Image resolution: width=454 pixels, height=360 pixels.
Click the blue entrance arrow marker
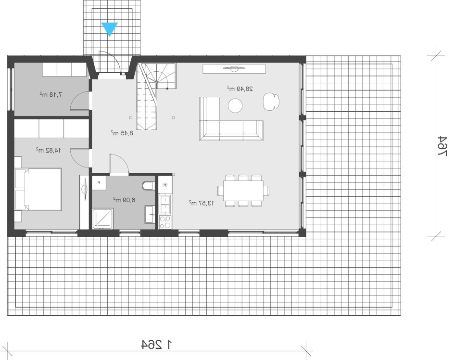coord(110,29)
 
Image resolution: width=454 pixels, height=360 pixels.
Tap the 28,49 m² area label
coord(240,89)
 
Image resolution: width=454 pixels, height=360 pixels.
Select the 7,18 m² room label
coord(51,94)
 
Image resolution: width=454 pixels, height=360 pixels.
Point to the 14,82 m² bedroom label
coord(49,150)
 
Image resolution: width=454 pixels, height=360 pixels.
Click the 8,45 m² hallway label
coord(122,133)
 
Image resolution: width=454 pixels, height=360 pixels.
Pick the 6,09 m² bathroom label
coord(124,200)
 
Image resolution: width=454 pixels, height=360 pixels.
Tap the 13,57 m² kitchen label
coord(202,203)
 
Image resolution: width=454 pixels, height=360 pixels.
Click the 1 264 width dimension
coord(157,344)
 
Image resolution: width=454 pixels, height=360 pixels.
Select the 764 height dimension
coord(442,146)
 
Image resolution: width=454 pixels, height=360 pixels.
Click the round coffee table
coord(235,105)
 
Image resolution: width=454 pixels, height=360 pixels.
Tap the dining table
coord(243,191)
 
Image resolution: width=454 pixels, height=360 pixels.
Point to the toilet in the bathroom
coord(149,186)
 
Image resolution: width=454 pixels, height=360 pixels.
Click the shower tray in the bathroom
coord(103,219)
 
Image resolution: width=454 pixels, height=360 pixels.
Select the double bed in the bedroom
coord(38,189)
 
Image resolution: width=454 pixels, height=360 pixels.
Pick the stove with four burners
coord(165,222)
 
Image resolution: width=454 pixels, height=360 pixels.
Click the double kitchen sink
coord(165,205)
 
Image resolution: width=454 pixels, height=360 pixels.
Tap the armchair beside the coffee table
coord(271,102)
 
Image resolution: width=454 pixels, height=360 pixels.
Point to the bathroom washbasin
coord(150,214)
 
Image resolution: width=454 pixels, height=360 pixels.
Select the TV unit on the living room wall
coord(234,69)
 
